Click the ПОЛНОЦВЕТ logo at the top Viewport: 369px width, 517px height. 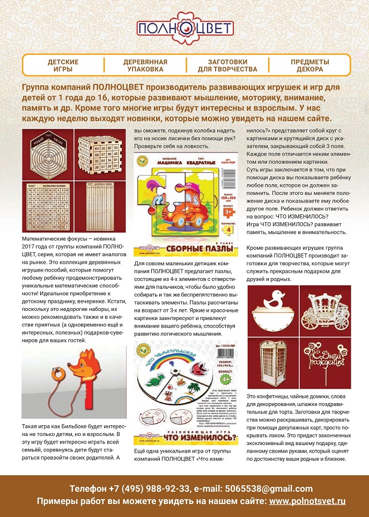click(184, 28)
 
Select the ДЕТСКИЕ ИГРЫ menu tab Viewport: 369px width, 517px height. click(63, 65)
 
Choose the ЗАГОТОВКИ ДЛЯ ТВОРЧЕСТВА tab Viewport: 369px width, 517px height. click(227, 65)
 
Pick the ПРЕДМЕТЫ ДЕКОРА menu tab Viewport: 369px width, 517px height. click(310, 65)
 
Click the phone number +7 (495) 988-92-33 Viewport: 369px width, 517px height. click(144, 489)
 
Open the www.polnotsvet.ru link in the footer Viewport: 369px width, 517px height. click(307, 501)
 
